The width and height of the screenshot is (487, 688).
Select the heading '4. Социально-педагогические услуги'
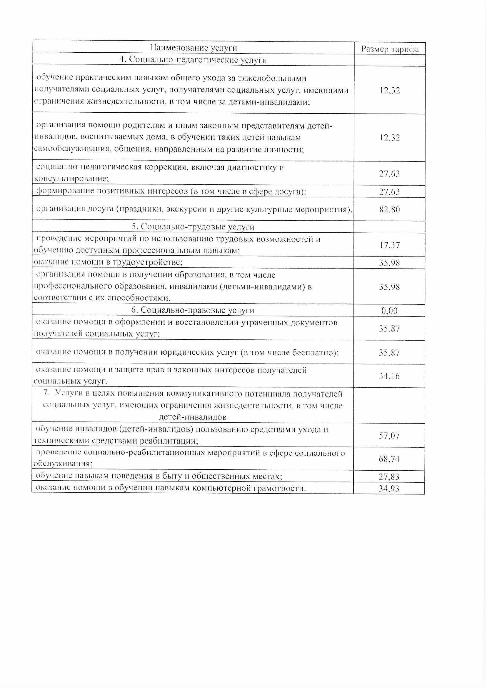[193, 60]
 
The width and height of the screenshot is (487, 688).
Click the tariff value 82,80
[390, 210]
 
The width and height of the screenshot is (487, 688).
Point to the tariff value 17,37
[390, 245]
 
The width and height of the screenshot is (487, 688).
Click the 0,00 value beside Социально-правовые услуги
[390, 311]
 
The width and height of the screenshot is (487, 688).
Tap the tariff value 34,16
[390, 376]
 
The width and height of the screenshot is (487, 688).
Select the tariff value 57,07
[390, 435]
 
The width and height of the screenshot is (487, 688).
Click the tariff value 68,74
[389, 459]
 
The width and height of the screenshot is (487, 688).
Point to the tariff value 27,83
[389, 477]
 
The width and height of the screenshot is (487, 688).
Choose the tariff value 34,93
[389, 489]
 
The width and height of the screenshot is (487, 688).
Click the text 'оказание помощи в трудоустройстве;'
[108, 262]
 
